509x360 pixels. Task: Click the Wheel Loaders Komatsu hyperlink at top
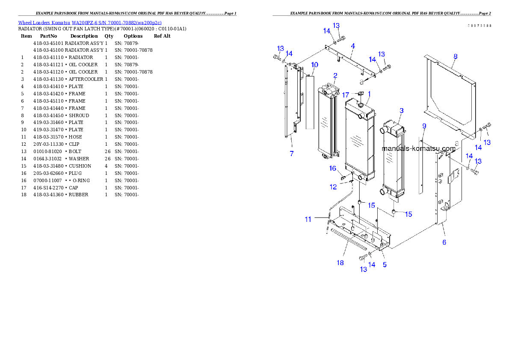90,23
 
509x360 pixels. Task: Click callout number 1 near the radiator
369,93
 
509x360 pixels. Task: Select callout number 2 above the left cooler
335,76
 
